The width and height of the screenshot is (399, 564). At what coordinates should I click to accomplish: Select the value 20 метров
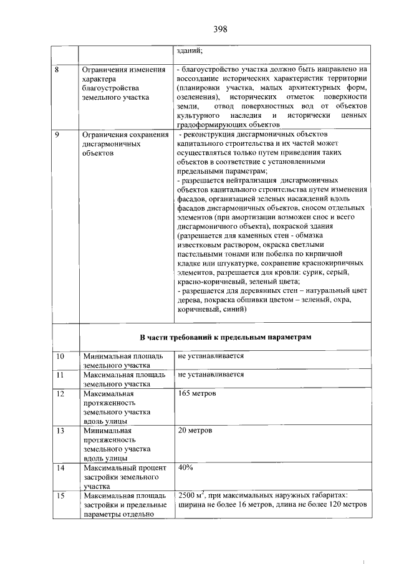(x=195, y=431)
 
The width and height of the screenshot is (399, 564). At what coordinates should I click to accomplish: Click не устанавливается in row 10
(x=210, y=357)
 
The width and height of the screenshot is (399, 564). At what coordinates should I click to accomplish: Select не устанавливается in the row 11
(x=210, y=375)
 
